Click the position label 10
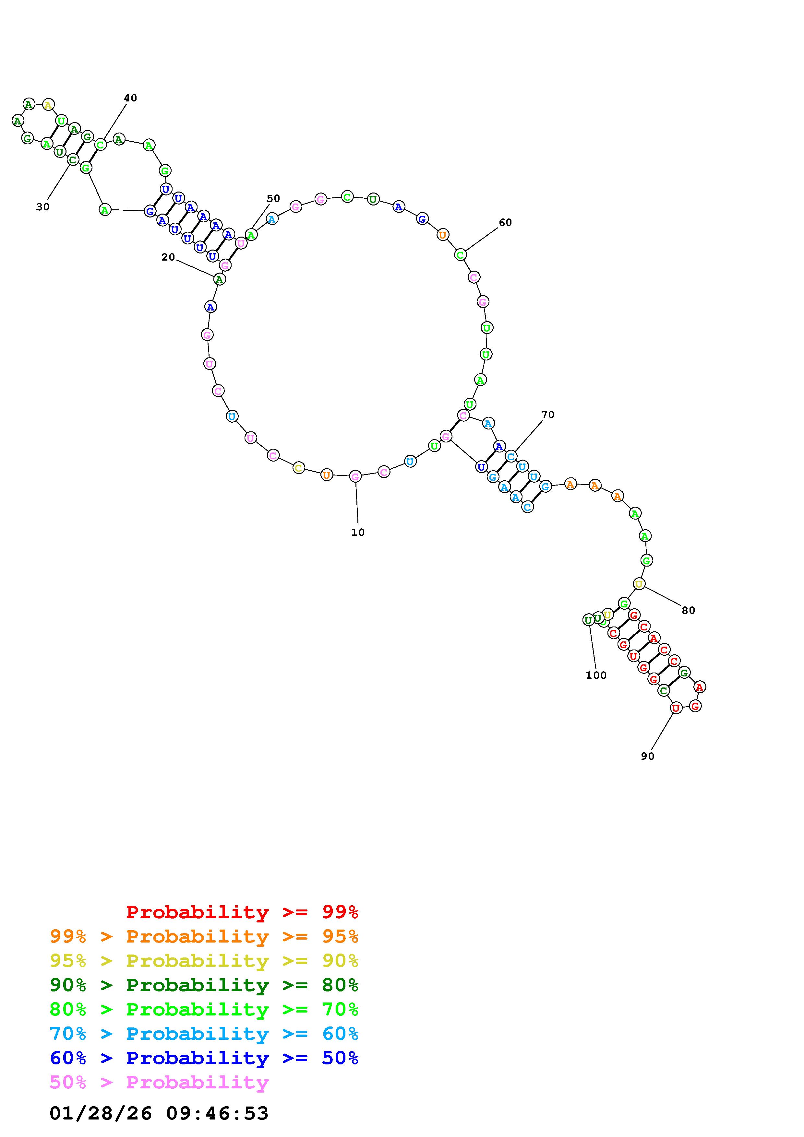pos(358,532)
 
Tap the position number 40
pos(130,98)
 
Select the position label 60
pos(505,222)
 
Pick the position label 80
pos(689,611)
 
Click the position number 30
pos(43,207)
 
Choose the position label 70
pos(548,415)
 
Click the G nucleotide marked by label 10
pos(355,476)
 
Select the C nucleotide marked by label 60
pos(460,255)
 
